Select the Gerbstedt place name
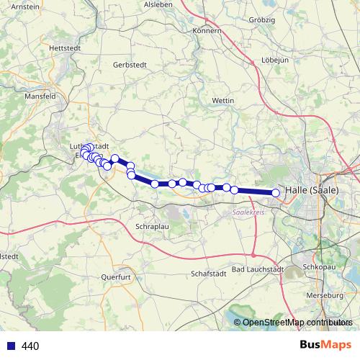pos(130,64)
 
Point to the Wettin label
pos(225,100)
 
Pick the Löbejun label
pos(275,60)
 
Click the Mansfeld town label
pos(40,96)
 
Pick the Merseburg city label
pos(325,296)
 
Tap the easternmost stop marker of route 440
pos(276,192)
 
